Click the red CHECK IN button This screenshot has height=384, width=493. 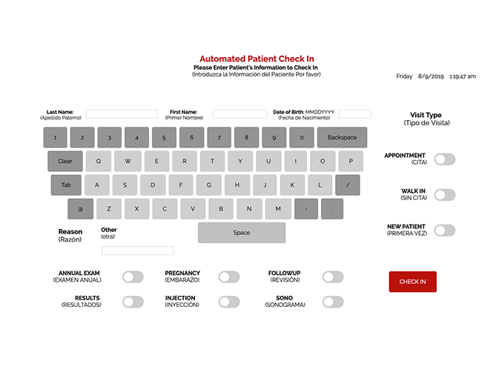tap(412, 282)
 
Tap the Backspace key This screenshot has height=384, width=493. tap(342, 137)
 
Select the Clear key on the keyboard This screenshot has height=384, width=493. tap(65, 161)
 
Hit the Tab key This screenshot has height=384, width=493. tap(66, 185)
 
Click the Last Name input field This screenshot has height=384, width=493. tap(122, 114)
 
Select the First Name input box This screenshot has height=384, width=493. tap(239, 114)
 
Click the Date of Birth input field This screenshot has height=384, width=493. tap(354, 114)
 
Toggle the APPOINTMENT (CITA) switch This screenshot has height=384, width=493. tap(445, 159)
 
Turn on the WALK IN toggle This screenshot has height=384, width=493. tap(445, 195)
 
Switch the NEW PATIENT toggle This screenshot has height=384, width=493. tap(445, 231)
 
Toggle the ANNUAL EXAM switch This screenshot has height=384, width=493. tap(133, 277)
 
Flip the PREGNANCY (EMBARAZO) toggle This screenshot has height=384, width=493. tap(229, 277)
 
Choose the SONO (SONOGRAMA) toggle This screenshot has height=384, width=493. tap(333, 302)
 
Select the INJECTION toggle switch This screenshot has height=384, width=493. tap(229, 302)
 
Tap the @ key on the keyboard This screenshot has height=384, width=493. tap(81, 209)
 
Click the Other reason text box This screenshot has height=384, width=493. tap(138, 251)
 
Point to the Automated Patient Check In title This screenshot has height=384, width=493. tap(257, 59)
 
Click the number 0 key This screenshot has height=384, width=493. tap(302, 137)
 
